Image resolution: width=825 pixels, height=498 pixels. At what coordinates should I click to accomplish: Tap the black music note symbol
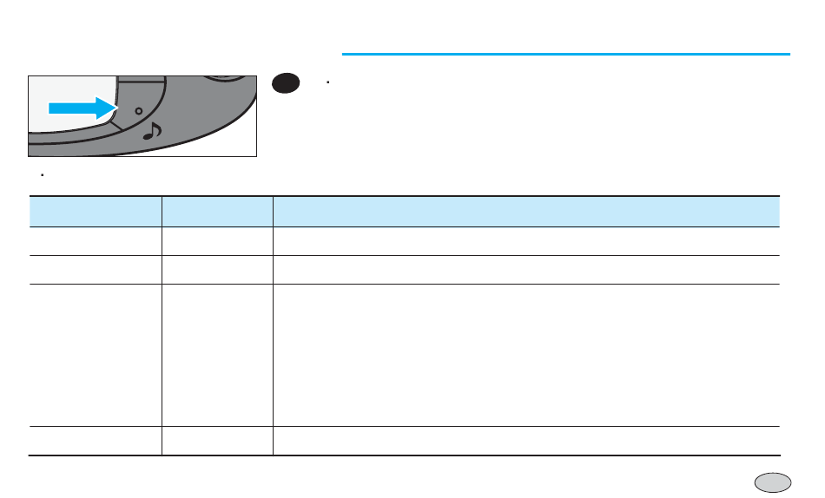point(152,132)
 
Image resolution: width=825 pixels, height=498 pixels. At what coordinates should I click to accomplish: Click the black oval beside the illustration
point(286,83)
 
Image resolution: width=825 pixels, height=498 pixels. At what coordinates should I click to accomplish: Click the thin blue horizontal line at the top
point(565,54)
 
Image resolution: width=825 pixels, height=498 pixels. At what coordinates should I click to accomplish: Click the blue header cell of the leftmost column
point(96,212)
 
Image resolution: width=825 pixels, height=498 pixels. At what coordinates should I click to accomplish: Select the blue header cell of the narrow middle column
point(217,212)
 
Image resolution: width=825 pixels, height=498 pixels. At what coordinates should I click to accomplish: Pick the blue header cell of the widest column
point(526,212)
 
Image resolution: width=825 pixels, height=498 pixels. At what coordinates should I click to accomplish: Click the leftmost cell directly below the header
point(96,241)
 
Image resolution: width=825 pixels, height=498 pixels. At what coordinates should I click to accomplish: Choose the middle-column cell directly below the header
point(217,241)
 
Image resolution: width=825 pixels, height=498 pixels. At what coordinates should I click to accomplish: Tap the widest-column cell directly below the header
point(526,241)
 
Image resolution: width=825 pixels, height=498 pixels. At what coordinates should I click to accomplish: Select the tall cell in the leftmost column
point(96,355)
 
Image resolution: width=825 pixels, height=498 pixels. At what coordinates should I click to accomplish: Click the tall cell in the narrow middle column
point(217,355)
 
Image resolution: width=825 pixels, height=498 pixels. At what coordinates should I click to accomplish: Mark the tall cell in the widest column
point(526,355)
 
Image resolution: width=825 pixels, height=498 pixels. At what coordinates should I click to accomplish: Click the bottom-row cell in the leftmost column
point(96,441)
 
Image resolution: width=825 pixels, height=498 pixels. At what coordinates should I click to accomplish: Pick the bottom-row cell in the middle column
point(217,441)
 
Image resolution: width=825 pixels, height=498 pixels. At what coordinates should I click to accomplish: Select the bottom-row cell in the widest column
point(526,441)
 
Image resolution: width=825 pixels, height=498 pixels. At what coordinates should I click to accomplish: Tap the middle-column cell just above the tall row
point(217,270)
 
